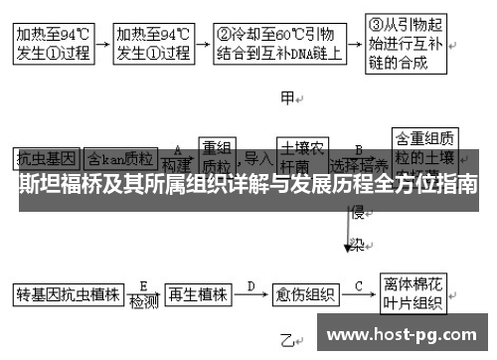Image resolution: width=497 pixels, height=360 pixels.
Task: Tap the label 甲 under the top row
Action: (x=288, y=98)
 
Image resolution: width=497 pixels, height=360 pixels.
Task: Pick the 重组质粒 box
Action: (x=222, y=154)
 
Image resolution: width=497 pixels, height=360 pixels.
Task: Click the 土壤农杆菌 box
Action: (x=301, y=155)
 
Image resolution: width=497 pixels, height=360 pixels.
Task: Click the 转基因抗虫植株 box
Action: (x=67, y=295)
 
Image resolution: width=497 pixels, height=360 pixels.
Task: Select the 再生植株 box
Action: (x=198, y=295)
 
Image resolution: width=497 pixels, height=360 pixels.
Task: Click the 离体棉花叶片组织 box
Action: (x=413, y=295)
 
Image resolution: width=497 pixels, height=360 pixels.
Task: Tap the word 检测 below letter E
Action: (x=144, y=302)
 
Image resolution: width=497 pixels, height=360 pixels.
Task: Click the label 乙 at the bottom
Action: (x=286, y=339)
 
